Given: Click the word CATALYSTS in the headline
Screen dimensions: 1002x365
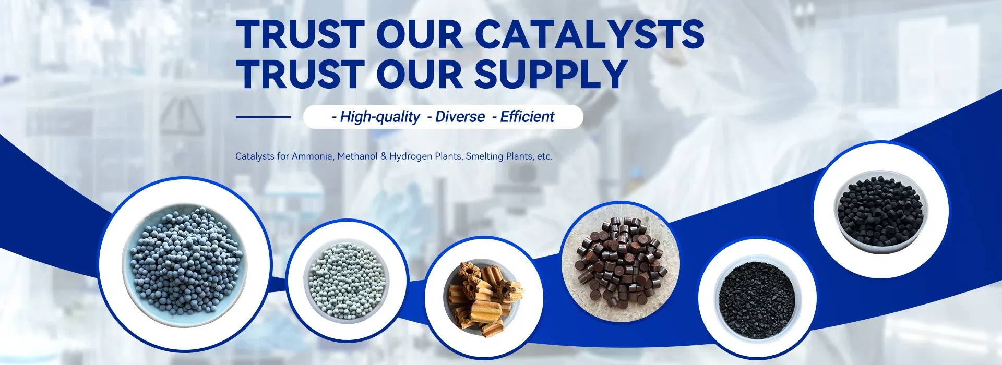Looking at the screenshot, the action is pyautogui.click(x=590, y=34).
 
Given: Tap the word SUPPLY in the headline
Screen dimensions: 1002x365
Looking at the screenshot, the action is pyautogui.click(x=551, y=74).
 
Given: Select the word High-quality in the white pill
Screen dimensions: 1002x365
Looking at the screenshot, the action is pyautogui.click(x=380, y=117).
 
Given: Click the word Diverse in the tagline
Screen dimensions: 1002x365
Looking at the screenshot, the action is pyautogui.click(x=460, y=117).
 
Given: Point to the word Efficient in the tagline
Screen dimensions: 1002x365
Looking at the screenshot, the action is pyautogui.click(x=527, y=117).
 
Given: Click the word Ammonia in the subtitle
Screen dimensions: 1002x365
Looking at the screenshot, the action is pyautogui.click(x=312, y=156).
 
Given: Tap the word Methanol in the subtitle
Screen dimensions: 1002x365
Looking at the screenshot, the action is pyautogui.click(x=357, y=156).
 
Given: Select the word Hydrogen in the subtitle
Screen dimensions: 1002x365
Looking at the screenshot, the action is pyautogui.click(x=411, y=156).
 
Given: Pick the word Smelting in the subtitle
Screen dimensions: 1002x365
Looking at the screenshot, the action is pyautogui.click(x=484, y=156).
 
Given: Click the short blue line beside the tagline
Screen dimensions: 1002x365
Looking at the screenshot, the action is pyautogui.click(x=263, y=117).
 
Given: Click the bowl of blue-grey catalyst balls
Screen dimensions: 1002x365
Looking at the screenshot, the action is pyautogui.click(x=185, y=265).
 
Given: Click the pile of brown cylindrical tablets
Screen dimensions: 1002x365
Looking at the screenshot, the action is pyautogui.click(x=620, y=262).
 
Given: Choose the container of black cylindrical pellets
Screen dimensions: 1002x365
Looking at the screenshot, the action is pyautogui.click(x=881, y=212).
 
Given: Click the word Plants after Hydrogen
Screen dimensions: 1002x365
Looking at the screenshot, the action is pyautogui.click(x=448, y=156).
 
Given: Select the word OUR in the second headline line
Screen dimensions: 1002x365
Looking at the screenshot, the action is pyautogui.click(x=420, y=74).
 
